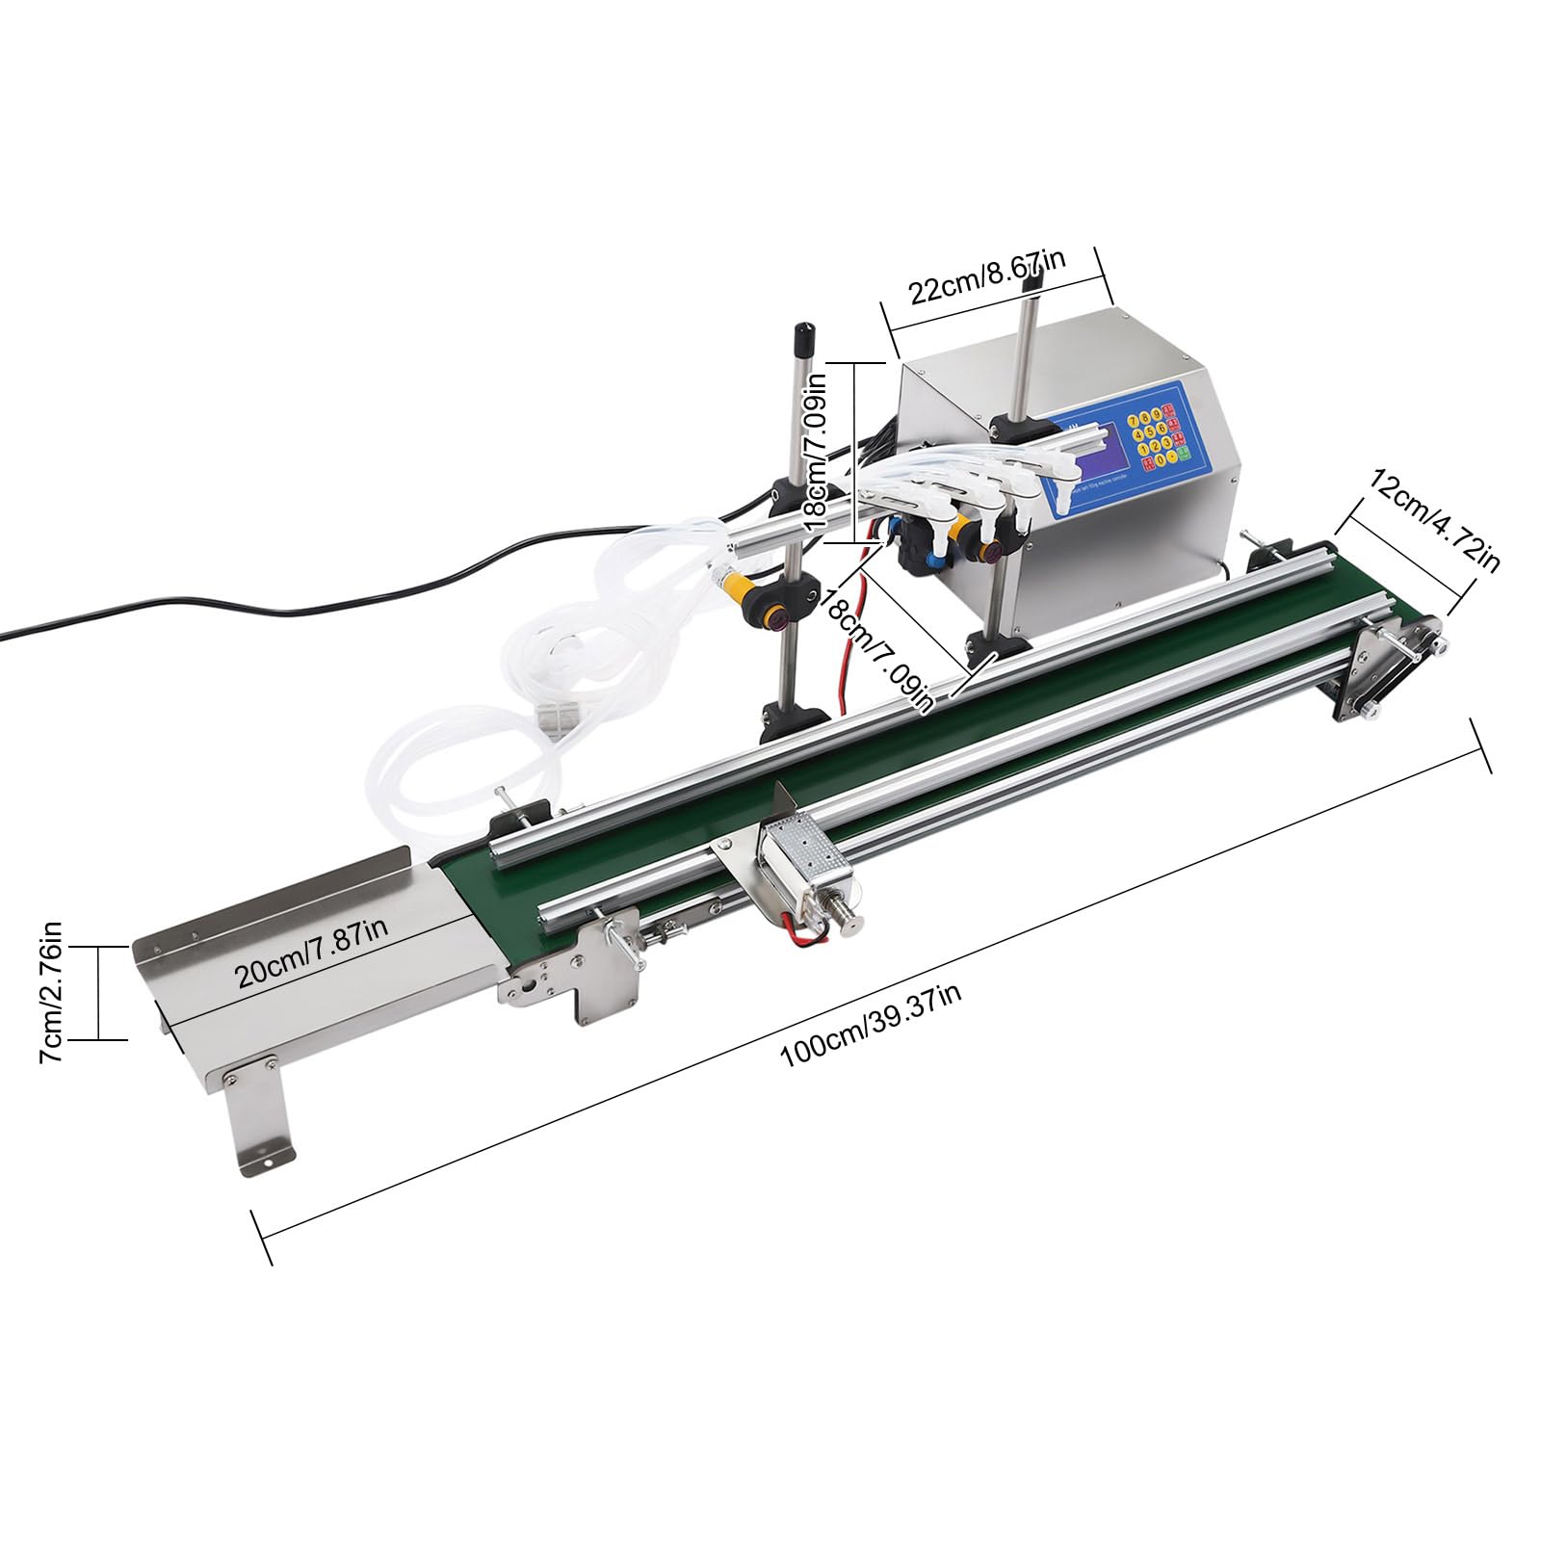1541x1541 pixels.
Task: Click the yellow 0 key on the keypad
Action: pos(1161,459)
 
